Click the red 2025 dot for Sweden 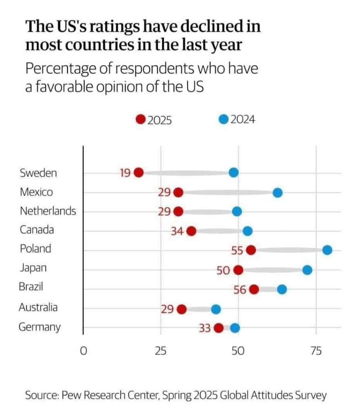coord(139,172)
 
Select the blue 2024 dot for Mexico coord(277,193)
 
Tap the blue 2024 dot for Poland coord(327,250)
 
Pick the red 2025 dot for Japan coord(239,270)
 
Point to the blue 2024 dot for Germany coord(235,328)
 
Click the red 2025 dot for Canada coord(191,231)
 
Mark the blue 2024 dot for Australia coord(216,309)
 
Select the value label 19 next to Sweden coord(125,173)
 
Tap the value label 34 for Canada coord(177,232)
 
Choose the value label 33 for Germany coord(204,328)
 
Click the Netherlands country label coord(48,211)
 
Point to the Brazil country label coord(31,287)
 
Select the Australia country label coord(38,307)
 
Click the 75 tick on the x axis coord(316,351)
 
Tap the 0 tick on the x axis coord(83,351)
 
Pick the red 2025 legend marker coord(141,120)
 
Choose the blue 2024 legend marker coord(223,119)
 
